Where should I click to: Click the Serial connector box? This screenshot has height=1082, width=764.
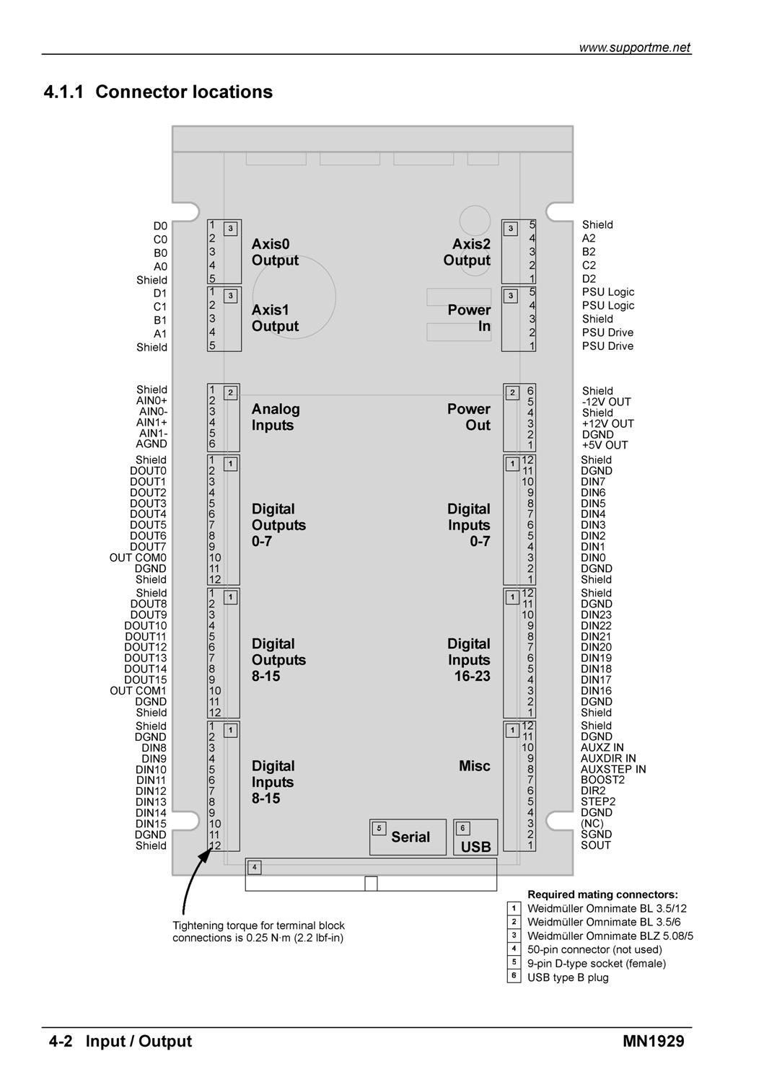click(x=408, y=837)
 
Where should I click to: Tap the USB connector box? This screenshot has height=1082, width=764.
click(x=475, y=837)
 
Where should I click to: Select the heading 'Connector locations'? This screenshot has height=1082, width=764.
click(x=184, y=92)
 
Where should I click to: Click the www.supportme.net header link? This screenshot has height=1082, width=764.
click(x=634, y=48)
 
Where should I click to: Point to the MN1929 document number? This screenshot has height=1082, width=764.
click(x=654, y=1040)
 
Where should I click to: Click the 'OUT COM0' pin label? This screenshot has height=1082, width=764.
click(x=138, y=558)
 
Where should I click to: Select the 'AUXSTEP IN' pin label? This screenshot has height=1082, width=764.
click(x=612, y=768)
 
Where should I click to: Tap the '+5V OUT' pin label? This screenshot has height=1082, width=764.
click(x=605, y=445)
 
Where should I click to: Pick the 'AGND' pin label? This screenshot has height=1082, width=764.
click(x=152, y=444)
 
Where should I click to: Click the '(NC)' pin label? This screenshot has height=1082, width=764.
click(x=592, y=823)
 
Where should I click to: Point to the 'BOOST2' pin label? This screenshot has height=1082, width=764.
click(x=602, y=780)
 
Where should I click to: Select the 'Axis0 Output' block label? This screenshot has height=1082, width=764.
click(x=275, y=252)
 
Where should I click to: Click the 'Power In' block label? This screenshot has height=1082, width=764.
click(x=469, y=318)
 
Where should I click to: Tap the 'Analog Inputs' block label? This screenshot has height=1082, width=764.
click(x=276, y=417)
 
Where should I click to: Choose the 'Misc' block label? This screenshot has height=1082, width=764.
click(x=474, y=765)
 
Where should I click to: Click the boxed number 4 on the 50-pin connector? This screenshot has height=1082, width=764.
click(x=254, y=867)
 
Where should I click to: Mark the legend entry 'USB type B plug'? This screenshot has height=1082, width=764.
click(x=567, y=977)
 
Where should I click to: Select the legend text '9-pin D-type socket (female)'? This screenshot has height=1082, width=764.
click(x=597, y=963)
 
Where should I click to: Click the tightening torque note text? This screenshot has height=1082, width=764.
click(x=258, y=931)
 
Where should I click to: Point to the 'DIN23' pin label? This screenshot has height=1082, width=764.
click(x=596, y=615)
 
